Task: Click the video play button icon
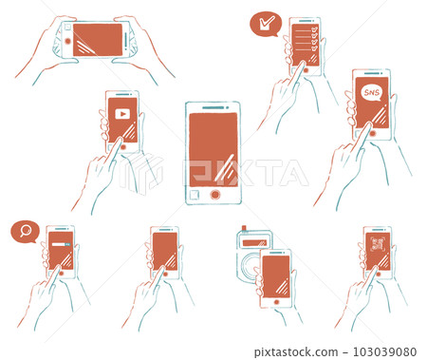click(121, 114)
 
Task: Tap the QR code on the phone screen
click(376, 250)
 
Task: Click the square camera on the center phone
click(194, 195)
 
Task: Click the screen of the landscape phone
click(99, 40)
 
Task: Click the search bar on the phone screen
click(61, 244)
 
